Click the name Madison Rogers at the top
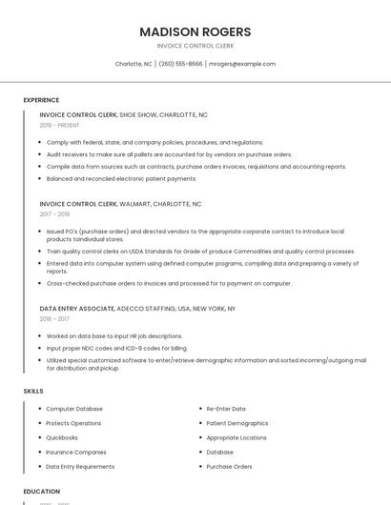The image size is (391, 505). (x=195, y=31)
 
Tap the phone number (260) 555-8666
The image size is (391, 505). (x=180, y=64)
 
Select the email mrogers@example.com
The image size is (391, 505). (x=242, y=64)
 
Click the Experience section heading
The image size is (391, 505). (x=41, y=100)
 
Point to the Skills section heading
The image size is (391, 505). (x=33, y=391)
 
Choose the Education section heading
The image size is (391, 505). (x=41, y=491)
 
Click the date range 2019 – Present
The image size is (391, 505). (x=59, y=125)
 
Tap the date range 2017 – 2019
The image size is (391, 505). (x=54, y=214)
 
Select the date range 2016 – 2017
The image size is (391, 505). (x=54, y=319)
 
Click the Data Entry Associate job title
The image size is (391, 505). (x=76, y=309)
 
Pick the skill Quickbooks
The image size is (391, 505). (x=62, y=437)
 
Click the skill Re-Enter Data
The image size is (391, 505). (x=226, y=409)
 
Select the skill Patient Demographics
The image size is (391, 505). (x=237, y=423)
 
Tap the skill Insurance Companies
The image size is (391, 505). (x=76, y=452)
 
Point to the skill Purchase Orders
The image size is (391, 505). (x=230, y=467)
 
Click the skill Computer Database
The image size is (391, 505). (x=74, y=409)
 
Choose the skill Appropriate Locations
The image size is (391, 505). (x=237, y=437)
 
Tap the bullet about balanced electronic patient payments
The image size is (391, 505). (x=121, y=178)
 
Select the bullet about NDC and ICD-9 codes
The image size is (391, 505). (x=116, y=348)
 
